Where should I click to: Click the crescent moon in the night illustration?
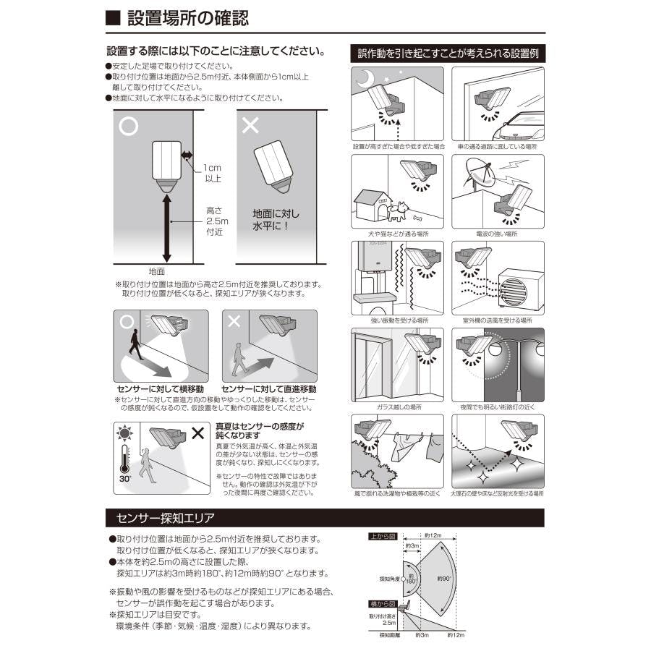(x=367, y=77)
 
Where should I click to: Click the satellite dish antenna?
(x=472, y=176)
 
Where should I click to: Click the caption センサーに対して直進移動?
(x=267, y=388)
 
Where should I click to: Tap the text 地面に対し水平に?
(x=276, y=221)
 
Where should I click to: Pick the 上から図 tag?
(x=382, y=537)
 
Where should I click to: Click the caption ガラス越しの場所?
(x=397, y=407)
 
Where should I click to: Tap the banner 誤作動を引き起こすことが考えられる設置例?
(x=447, y=54)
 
